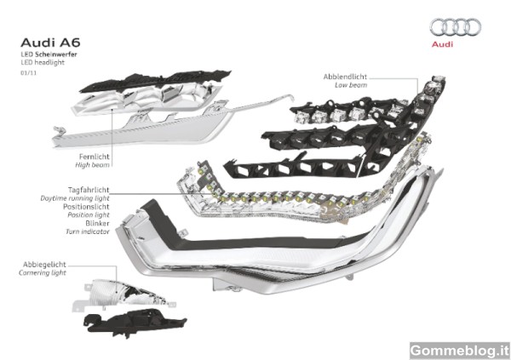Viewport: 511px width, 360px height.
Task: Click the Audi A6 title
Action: [50, 43]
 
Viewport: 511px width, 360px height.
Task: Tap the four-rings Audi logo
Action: [456, 27]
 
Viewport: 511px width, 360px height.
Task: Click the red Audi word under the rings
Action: [442, 44]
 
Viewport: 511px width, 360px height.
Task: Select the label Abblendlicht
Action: [345, 77]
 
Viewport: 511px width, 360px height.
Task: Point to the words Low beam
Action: [351, 85]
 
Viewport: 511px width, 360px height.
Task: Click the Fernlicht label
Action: [95, 157]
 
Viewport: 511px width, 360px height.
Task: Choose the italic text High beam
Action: [92, 165]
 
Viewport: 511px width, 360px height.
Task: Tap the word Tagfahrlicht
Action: [89, 190]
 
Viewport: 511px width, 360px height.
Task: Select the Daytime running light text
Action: [75, 198]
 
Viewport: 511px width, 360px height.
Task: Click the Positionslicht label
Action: [86, 207]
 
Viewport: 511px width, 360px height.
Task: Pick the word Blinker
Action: [97, 224]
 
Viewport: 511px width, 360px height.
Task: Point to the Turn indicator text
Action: [88, 231]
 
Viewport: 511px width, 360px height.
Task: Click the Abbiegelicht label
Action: [44, 265]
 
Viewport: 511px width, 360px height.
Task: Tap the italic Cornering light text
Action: [43, 273]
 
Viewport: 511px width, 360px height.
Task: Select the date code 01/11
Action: [29, 73]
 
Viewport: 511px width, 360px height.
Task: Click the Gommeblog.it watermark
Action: [460, 351]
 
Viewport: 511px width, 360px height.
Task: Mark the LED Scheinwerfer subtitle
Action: [49, 54]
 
